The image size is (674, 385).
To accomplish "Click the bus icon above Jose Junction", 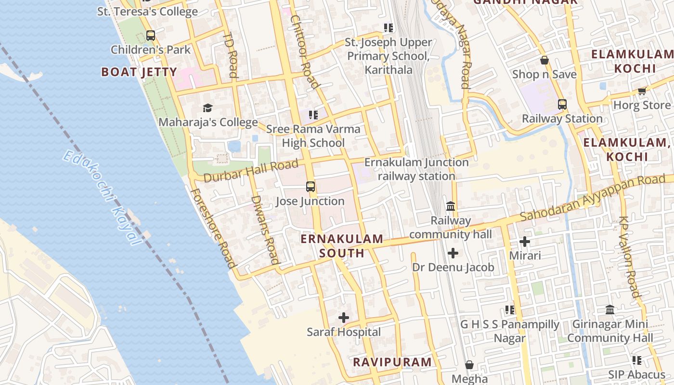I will [311, 187].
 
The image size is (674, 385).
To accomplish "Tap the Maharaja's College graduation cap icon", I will [207, 108].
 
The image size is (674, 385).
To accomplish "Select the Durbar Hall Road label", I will [251, 171].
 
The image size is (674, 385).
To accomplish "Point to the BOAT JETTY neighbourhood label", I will [139, 72].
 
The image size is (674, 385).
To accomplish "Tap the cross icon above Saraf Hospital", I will [344, 318].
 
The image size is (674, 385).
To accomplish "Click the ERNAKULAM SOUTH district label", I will [342, 245].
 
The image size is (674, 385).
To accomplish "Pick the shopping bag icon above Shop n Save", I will [544, 60].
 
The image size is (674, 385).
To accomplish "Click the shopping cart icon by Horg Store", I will [642, 91].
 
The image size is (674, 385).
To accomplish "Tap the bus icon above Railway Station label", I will [562, 104].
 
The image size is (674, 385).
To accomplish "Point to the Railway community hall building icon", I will [451, 206].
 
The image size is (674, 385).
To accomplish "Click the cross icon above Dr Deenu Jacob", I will [453, 253].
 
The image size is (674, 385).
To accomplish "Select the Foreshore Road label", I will [213, 228].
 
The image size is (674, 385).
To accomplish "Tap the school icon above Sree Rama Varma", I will [313, 115].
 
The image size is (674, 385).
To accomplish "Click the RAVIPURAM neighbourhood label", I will [392, 362].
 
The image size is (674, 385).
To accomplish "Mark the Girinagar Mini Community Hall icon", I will [610, 310].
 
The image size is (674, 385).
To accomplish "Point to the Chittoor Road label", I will [305, 52].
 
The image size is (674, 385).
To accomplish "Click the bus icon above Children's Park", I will [151, 36].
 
